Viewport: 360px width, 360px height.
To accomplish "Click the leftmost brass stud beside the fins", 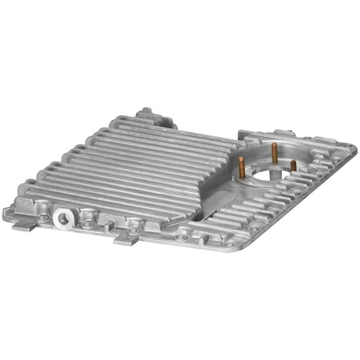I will [x=242, y=166].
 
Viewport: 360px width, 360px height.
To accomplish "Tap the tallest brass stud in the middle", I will [x=274, y=152].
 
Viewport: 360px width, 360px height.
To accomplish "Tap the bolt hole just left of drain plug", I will [x=42, y=217].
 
